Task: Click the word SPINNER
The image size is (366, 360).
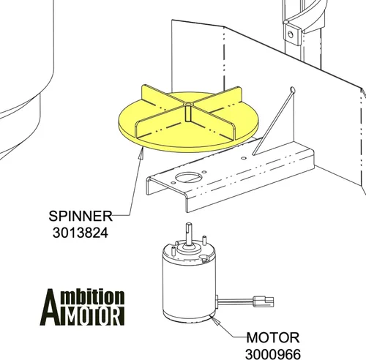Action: point(81,216)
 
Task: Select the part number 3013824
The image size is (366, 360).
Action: point(81,233)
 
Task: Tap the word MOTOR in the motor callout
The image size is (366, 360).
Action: point(273,338)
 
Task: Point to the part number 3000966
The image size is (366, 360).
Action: point(273,354)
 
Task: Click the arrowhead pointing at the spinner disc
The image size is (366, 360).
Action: point(141,154)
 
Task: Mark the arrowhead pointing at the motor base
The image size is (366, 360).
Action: point(216,321)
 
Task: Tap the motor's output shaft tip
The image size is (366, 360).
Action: point(189,225)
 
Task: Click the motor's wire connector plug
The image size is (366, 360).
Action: point(264,301)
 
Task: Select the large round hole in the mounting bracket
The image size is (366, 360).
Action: point(189,177)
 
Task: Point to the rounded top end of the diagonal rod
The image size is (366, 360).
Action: point(293,90)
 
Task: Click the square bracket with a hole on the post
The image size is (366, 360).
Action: point(291,34)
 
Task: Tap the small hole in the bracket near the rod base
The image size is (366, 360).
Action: point(244,158)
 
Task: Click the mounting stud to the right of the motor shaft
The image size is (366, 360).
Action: point(204,240)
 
